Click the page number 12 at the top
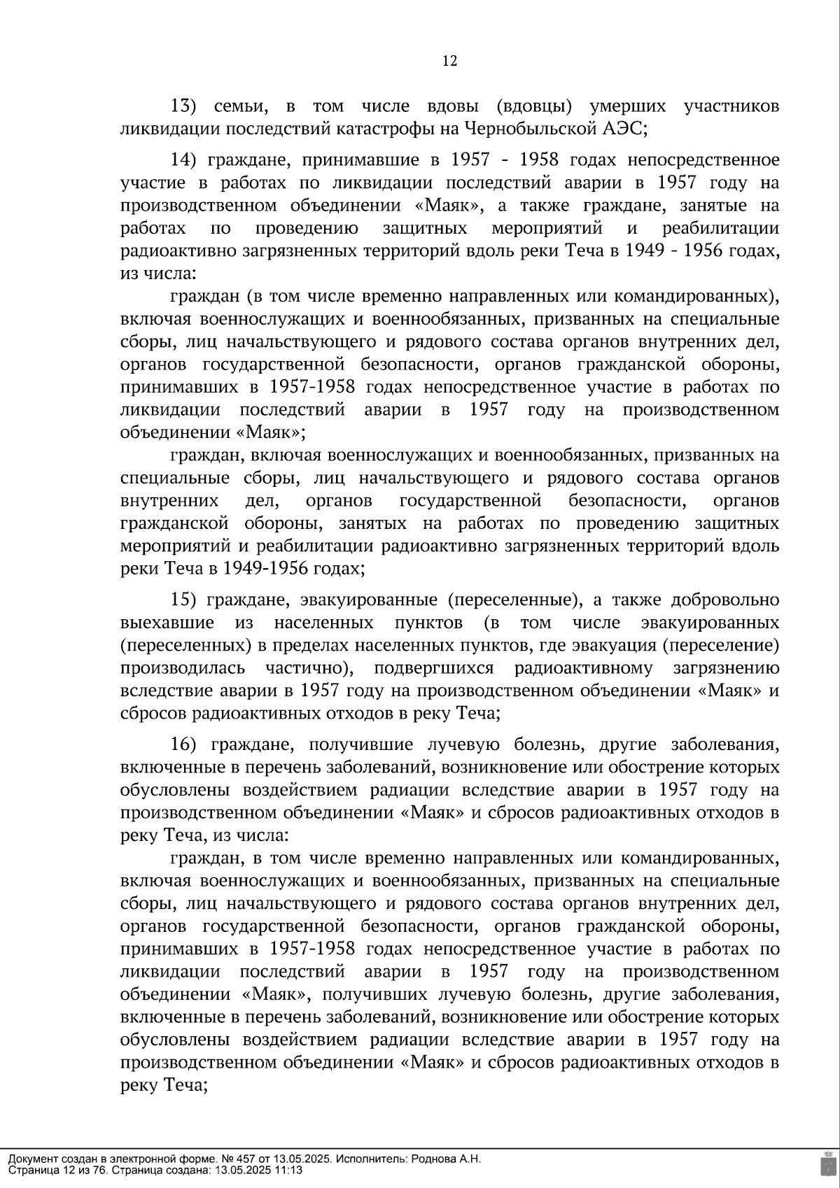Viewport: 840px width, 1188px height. (449, 61)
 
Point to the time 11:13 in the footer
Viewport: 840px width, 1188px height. (288, 1170)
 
